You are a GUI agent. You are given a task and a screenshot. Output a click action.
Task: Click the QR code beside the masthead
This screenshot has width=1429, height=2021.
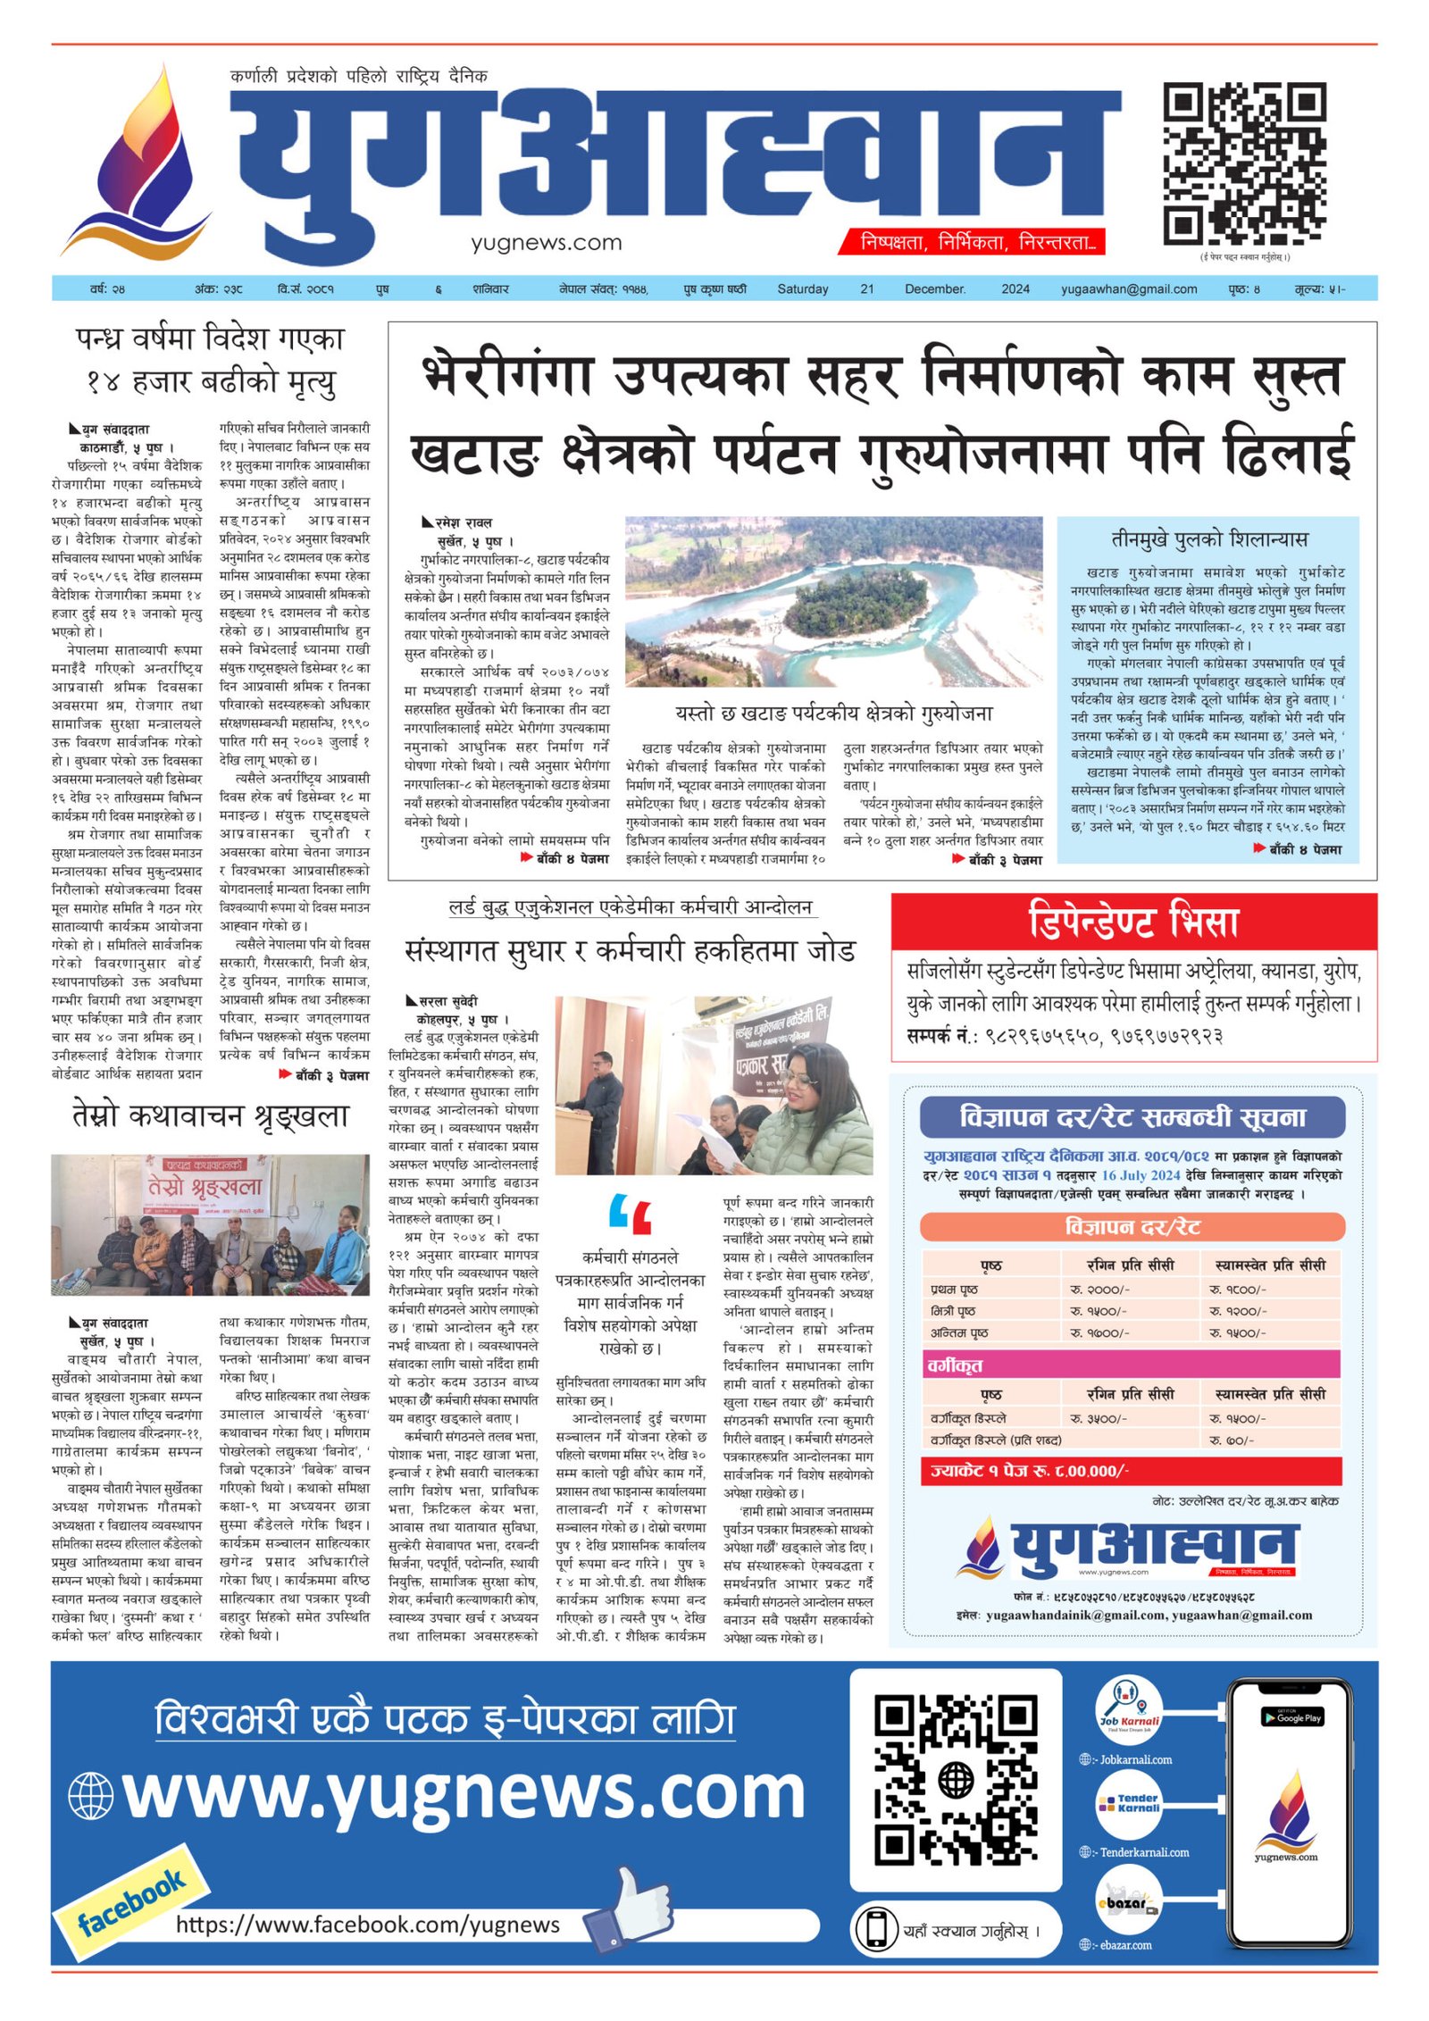tap(1243, 163)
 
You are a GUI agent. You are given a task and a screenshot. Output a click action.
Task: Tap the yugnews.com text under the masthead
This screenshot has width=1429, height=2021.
tap(546, 242)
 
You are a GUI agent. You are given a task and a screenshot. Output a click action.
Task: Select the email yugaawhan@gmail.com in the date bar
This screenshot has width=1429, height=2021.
tap(1129, 289)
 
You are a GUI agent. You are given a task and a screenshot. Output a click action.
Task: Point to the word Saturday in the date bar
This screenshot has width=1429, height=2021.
tap(802, 289)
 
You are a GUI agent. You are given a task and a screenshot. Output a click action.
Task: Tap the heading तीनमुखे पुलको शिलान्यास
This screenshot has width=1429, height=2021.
tap(1208, 539)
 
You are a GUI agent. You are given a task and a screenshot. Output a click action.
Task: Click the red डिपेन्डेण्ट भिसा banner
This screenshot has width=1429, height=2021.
tap(1133, 921)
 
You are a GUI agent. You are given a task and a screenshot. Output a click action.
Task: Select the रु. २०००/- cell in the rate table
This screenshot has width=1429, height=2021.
tap(1099, 1290)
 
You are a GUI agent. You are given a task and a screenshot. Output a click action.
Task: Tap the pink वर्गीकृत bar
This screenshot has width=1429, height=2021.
tap(1132, 1365)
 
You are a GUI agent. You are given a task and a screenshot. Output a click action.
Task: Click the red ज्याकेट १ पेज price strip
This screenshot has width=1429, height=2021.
tap(1132, 1471)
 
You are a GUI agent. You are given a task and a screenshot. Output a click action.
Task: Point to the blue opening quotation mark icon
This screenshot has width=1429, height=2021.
tap(630, 1215)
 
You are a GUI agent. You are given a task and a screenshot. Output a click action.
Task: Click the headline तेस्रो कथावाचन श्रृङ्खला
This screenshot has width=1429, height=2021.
tap(210, 1116)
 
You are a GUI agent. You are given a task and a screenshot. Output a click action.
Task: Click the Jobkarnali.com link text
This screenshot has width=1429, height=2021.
tap(1135, 1759)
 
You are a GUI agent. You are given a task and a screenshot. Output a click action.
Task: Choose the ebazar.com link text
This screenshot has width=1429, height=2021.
tap(1125, 1945)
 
